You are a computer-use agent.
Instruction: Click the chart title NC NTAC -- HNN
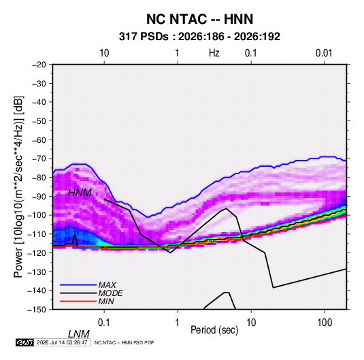tap(199, 19)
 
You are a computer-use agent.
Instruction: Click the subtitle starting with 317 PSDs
tap(199, 37)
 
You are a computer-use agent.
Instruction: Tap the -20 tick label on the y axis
tap(39, 65)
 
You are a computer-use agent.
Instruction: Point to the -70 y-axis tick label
tap(39, 159)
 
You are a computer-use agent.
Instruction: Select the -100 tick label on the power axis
tap(37, 215)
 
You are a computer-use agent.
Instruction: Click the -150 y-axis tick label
tap(37, 310)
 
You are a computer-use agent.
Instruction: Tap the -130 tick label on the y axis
tap(37, 272)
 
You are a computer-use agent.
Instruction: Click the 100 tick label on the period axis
tap(325, 323)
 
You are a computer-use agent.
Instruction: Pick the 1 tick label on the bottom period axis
tap(178, 323)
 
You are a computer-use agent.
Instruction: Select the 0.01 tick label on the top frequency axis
tap(324, 53)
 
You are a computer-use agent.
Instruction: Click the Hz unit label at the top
tap(214, 53)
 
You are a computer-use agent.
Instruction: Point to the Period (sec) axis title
tap(214, 330)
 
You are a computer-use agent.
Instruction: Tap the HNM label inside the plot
tap(80, 193)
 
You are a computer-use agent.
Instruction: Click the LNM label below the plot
tap(79, 334)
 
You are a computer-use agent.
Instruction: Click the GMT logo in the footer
tap(24, 342)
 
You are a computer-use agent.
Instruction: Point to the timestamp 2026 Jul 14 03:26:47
tap(62, 342)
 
